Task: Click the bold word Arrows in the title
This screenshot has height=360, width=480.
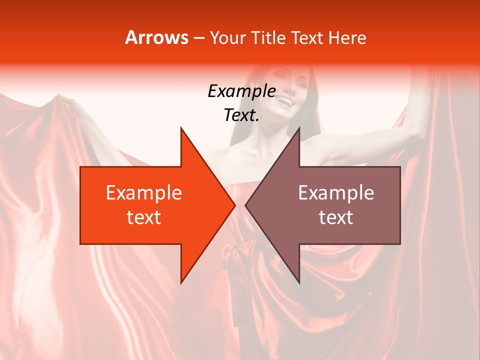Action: tap(156, 37)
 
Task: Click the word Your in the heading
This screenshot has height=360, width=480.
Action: tap(228, 37)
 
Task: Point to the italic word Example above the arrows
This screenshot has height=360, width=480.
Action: tap(241, 91)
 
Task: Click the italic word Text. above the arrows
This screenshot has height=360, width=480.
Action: tap(241, 115)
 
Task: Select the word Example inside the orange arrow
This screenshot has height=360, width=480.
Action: tap(144, 193)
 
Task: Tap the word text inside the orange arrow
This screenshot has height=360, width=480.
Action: tap(144, 217)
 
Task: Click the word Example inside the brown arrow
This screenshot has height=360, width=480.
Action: tap(336, 193)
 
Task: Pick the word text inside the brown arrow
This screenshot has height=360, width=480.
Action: tap(336, 217)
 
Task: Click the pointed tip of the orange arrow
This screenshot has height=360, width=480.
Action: tap(234, 205)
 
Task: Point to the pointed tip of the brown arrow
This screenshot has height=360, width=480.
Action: tap(245, 205)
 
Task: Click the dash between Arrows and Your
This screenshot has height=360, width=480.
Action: tap(198, 38)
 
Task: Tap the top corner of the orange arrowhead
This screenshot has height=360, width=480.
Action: tap(181, 128)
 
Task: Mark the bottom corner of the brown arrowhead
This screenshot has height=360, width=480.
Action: tap(299, 282)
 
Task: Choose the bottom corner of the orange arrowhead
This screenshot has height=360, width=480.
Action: tap(181, 282)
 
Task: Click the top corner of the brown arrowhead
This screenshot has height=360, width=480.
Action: tap(299, 128)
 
